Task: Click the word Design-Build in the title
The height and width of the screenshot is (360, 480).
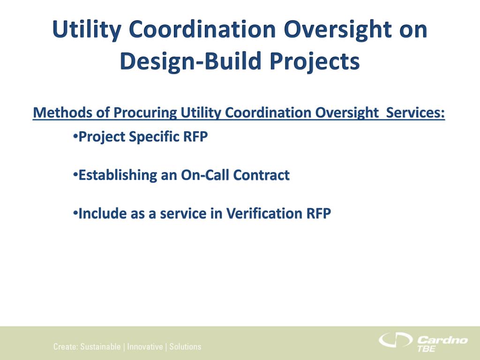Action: [190, 60]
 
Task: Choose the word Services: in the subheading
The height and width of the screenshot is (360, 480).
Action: [415, 112]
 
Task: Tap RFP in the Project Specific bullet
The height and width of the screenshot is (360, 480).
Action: [195, 136]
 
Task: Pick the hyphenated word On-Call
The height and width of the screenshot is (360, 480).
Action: [205, 175]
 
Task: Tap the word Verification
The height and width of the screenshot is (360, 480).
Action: [264, 213]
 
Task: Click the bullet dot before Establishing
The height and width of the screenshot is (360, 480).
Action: [75, 174]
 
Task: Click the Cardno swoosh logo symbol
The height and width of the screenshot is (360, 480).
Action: [395, 339]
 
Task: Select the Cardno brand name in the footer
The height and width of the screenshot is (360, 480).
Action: [442, 340]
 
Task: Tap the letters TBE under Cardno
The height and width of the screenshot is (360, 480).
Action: [426, 349]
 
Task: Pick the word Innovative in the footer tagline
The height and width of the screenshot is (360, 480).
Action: [145, 346]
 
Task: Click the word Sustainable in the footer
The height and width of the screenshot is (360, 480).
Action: [100, 346]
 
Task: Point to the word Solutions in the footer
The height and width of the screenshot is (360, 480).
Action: [186, 346]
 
